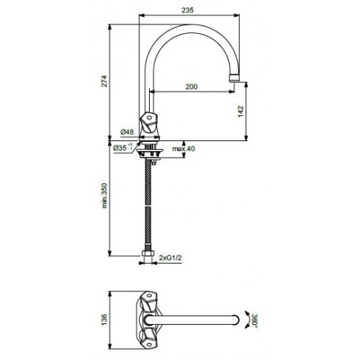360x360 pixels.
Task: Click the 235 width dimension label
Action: [x=187, y=10]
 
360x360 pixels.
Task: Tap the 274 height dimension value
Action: [x=104, y=81]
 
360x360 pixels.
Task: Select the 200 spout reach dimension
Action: [x=192, y=86]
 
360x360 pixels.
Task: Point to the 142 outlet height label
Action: [x=240, y=112]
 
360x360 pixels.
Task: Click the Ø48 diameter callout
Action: [x=127, y=132]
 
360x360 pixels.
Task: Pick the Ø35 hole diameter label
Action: [x=123, y=148]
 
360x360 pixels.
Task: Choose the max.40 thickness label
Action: [x=184, y=148]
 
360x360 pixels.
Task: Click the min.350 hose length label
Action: [x=104, y=196]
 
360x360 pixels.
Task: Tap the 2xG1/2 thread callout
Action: [x=171, y=258]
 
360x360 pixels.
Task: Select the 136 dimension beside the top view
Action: [x=104, y=320]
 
